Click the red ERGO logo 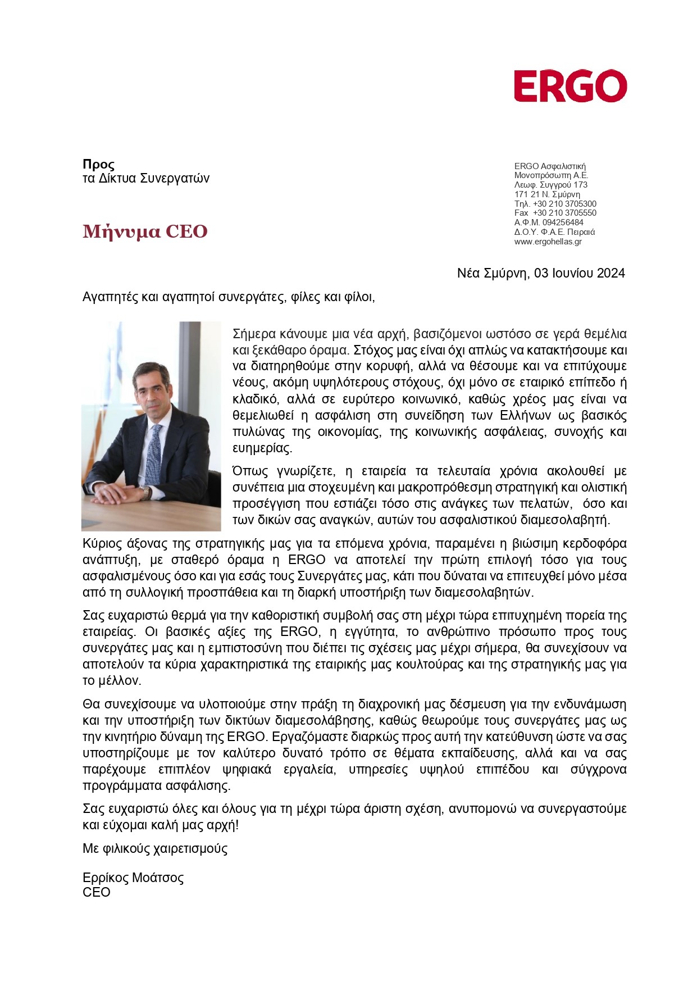(x=570, y=87)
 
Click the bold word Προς (x=98, y=165)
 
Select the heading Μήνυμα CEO (x=145, y=231)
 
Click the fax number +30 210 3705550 (x=564, y=213)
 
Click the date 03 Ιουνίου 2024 (x=579, y=273)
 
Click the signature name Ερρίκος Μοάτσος (x=133, y=878)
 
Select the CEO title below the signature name (x=97, y=893)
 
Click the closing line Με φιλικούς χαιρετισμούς (x=155, y=848)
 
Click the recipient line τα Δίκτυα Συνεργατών (x=145, y=179)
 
